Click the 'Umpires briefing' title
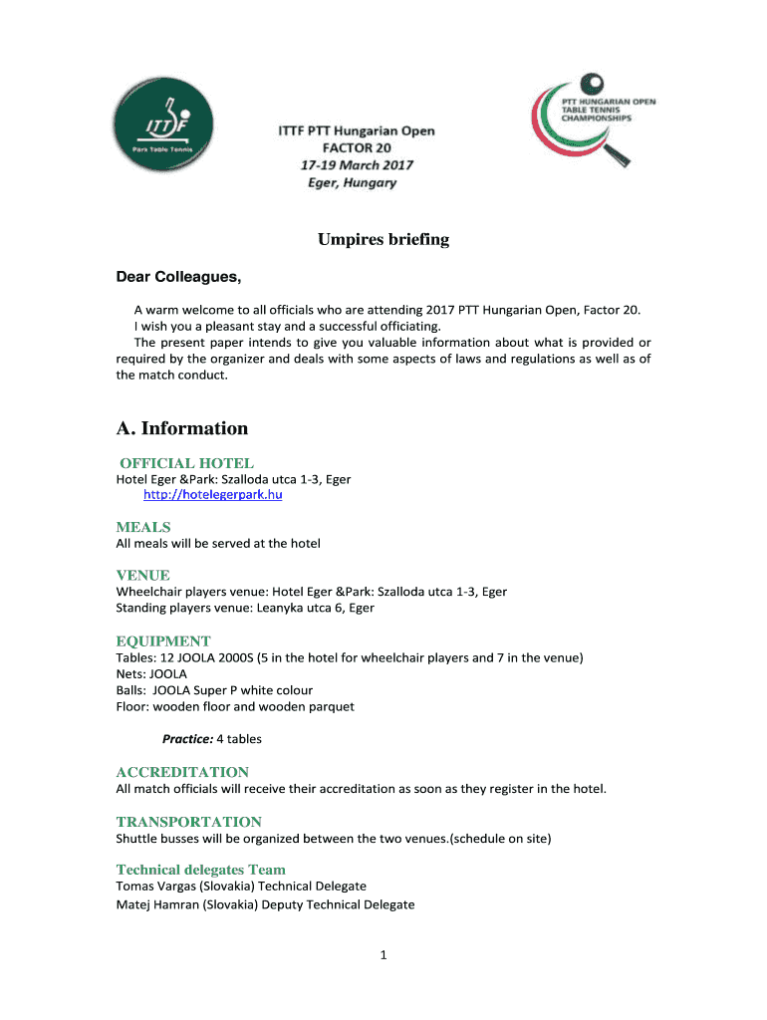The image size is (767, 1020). point(383,240)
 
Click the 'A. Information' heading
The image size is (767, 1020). point(182,428)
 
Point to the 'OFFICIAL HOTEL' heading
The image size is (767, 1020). point(186,463)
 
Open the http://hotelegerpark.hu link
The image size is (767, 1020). point(212,495)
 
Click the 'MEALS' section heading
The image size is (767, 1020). point(143,527)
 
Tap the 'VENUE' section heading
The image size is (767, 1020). point(142,575)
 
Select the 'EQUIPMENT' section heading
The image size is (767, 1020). point(163,641)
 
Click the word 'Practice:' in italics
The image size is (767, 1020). point(187,739)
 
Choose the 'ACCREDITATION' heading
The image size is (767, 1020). point(182,772)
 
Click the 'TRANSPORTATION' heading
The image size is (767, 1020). point(188,822)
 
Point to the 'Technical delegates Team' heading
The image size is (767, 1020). point(200,870)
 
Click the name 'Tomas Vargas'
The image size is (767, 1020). point(155,887)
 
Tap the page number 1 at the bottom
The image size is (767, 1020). point(383,956)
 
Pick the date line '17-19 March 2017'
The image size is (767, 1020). point(356,165)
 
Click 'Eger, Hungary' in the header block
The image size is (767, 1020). point(349,183)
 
